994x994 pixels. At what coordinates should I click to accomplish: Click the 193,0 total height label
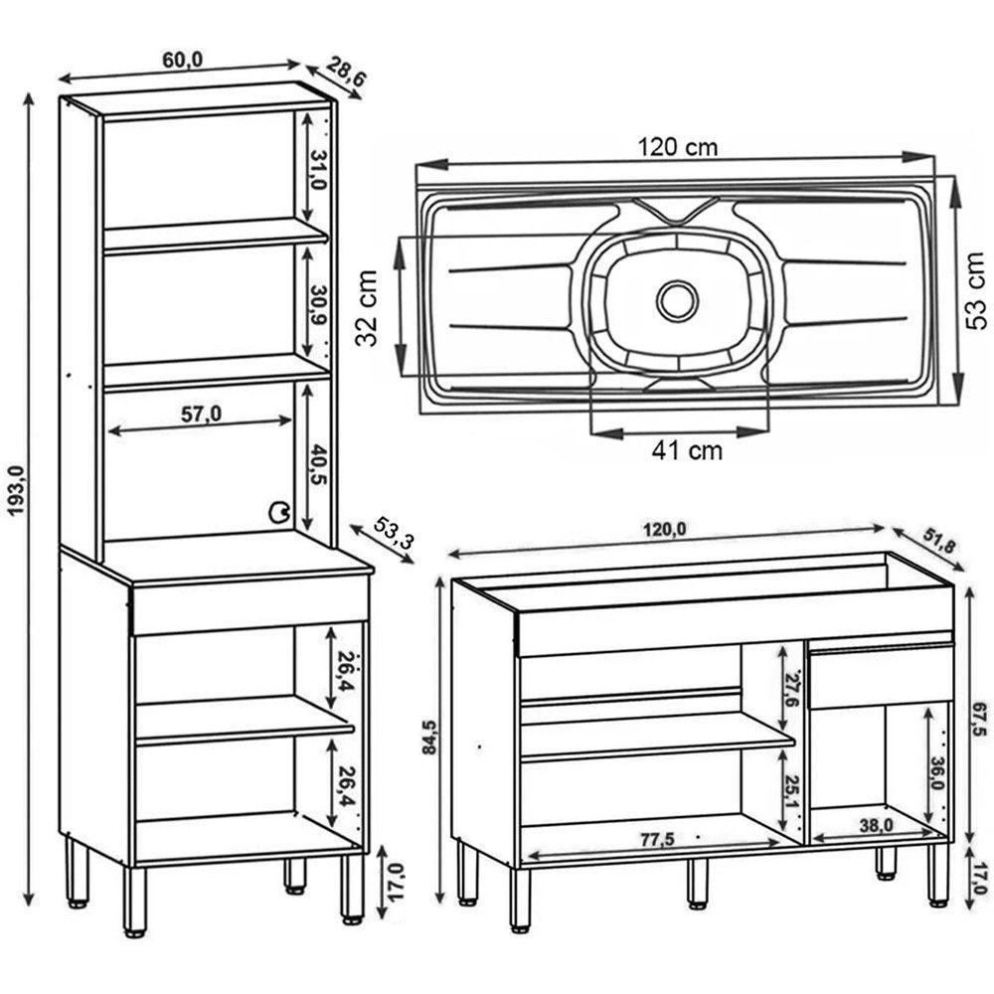click(x=15, y=495)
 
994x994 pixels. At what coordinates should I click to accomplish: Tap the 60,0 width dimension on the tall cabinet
click(x=182, y=60)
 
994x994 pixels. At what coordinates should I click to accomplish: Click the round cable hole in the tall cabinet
click(x=278, y=512)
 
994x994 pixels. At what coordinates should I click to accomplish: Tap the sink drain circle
click(x=677, y=299)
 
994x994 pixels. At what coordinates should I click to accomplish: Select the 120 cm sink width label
click(x=677, y=147)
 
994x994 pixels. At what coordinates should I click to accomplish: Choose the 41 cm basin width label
click(x=687, y=450)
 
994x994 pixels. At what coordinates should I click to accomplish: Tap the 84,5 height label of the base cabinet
click(x=428, y=736)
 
